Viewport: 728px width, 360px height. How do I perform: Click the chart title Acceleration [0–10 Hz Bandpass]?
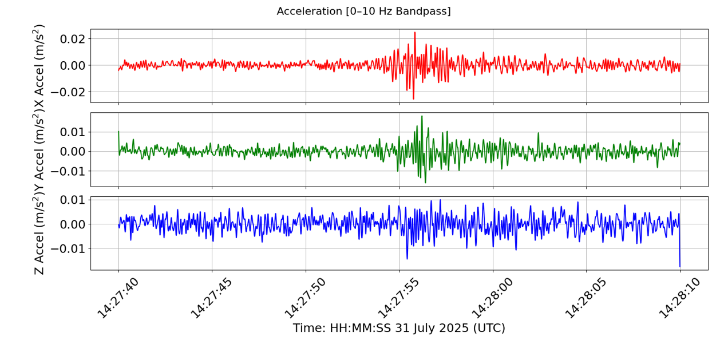[363, 11]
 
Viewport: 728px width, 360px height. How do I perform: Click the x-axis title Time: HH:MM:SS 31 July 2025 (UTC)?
[399, 329]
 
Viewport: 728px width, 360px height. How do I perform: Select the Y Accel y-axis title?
[39, 150]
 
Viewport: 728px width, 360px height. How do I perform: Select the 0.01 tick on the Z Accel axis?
[73, 200]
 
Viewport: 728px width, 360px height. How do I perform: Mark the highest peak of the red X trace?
[415, 33]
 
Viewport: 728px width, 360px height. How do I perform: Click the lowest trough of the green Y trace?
[425, 183]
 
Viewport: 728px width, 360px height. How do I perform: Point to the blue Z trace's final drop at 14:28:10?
[680, 266]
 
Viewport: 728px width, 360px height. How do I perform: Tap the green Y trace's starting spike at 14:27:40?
[118, 132]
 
